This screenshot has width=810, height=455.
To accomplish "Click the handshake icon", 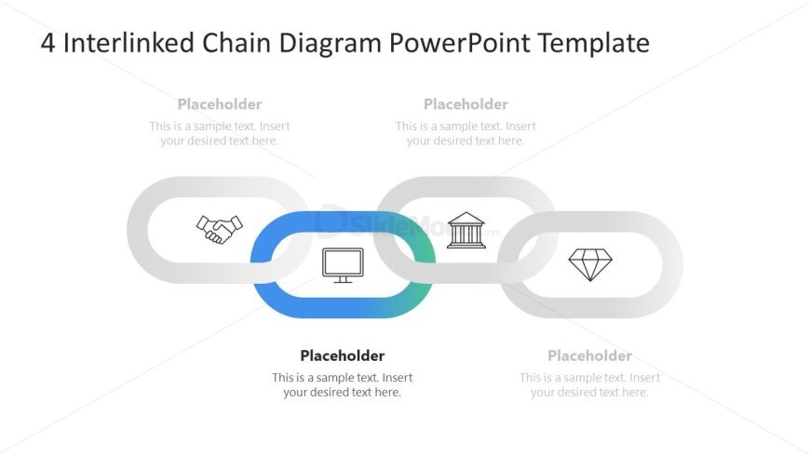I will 219,229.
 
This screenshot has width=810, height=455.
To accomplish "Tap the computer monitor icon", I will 343,265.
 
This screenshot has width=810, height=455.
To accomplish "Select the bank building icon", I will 466,231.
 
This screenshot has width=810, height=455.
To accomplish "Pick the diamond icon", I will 589,264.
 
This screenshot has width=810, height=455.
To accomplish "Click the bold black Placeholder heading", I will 342,355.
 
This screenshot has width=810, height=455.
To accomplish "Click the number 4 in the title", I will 48,43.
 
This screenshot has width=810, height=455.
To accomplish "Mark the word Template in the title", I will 598,43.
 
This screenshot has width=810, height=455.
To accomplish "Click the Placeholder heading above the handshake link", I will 220,104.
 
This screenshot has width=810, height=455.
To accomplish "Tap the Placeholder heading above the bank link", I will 466,104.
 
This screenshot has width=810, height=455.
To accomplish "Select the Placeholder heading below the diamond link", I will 589,355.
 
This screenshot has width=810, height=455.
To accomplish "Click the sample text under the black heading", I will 342,385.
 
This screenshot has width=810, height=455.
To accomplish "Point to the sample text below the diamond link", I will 589,385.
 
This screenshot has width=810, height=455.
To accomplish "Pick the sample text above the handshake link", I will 220,134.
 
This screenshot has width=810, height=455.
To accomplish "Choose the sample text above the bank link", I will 466,134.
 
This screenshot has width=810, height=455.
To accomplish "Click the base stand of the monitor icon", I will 343,280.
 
